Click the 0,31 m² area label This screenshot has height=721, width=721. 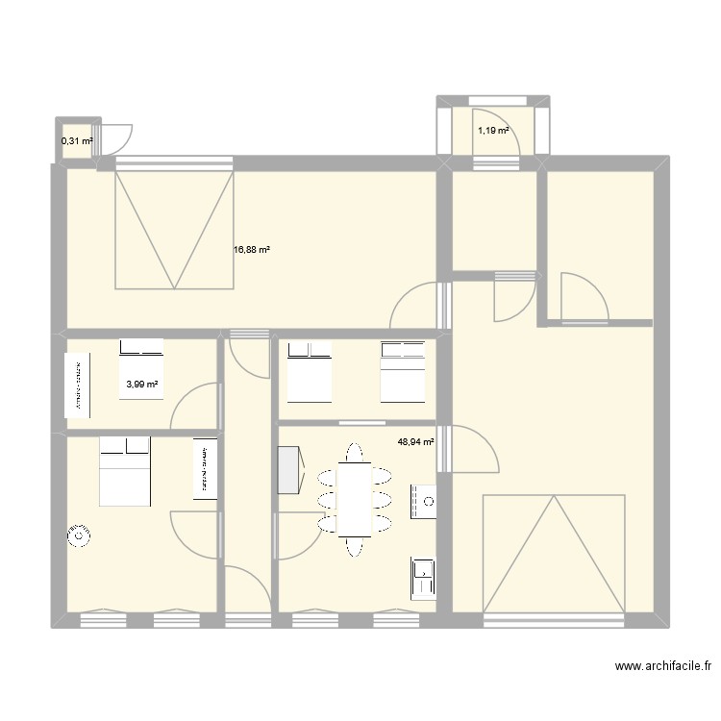coord(77,141)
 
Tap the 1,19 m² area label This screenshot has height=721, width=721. coord(493,131)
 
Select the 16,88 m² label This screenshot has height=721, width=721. coord(252,250)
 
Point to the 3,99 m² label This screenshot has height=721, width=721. coord(141,385)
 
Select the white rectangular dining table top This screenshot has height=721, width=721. coord(355,499)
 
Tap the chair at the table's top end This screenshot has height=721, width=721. coord(355,452)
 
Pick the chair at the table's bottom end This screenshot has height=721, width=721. coord(355,545)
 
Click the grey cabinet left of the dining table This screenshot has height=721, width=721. coord(287,471)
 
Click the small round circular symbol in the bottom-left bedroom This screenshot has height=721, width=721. coord(77,536)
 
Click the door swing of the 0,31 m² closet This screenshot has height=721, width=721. coord(117,139)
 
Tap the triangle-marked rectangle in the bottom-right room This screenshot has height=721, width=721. coord(554,553)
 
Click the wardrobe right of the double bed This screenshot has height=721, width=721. coord(205,469)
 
